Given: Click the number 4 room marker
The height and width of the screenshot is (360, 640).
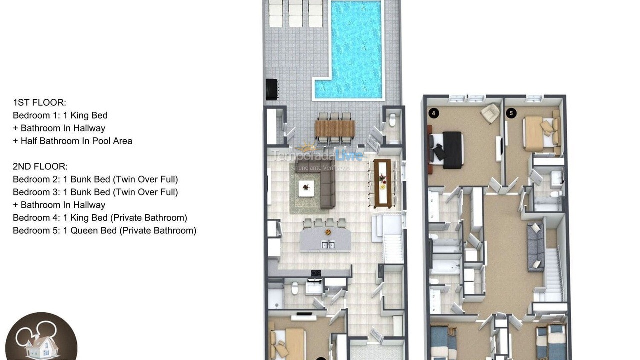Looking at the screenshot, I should point(434,113).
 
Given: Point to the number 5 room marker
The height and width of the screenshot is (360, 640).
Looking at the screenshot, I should point(511,113).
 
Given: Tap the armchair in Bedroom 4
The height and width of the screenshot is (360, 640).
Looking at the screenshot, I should point(490,113).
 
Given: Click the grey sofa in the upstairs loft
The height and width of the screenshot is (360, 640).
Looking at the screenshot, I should point(535,247).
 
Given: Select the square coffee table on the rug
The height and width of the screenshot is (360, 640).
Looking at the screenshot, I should point(306,188).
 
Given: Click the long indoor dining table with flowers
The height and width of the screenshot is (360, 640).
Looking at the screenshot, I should point(382,182).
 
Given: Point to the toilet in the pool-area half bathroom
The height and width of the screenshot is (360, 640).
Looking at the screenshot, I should point(393,120).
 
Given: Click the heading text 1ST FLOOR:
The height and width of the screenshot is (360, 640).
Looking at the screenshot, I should point(39,102).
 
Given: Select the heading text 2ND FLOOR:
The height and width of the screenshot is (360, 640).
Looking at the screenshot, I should point(40,166).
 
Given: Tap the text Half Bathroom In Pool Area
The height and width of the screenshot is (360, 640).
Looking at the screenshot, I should point(76,141).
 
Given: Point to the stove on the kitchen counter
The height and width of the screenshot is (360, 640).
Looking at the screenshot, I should point(316,273).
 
